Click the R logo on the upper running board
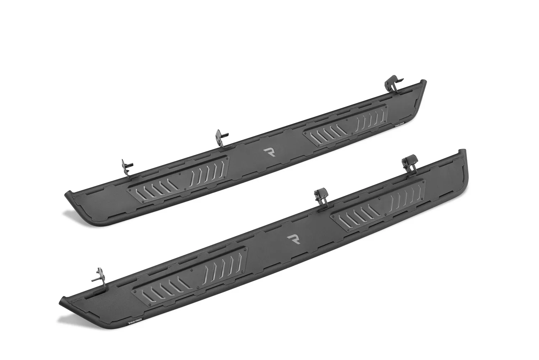pyautogui.click(x=269, y=152)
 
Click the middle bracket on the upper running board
pyautogui.click(x=220, y=138)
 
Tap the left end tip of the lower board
pyautogui.click(x=64, y=302)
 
